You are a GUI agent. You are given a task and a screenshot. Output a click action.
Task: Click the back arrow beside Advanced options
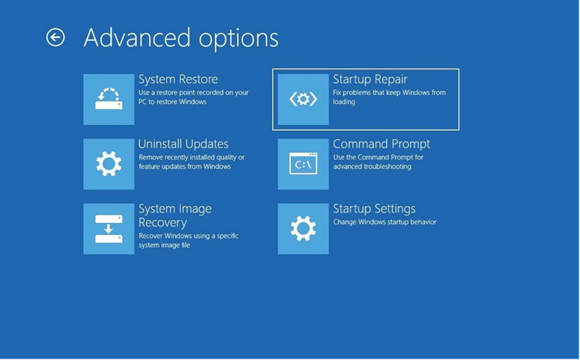(x=55, y=37)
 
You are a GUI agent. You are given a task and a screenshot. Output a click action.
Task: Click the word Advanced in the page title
(x=138, y=37)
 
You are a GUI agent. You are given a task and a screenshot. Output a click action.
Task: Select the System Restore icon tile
(x=109, y=99)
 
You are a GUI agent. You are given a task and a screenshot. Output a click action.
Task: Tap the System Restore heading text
(x=178, y=79)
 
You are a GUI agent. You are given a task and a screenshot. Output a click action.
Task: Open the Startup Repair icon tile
(x=303, y=99)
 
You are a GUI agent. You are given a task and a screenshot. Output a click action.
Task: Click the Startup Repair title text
(x=370, y=79)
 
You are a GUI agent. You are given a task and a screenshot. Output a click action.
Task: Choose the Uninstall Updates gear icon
(x=109, y=164)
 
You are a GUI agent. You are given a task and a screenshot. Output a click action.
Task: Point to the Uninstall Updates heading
(x=183, y=144)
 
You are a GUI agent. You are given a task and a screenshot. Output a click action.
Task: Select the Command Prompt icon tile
(x=303, y=164)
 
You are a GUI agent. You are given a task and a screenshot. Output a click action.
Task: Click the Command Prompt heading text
(x=382, y=144)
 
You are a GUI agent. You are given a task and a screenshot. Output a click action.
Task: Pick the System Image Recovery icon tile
(x=109, y=229)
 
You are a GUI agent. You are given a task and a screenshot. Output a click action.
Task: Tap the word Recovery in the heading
(x=162, y=223)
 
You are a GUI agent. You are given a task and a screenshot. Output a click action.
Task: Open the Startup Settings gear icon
(x=303, y=229)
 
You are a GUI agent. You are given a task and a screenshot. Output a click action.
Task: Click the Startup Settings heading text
(x=374, y=209)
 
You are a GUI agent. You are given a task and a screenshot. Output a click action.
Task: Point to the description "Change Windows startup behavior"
(x=385, y=222)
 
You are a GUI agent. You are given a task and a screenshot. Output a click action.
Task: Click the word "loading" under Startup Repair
(x=344, y=102)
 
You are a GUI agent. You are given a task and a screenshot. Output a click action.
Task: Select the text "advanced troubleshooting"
(x=372, y=166)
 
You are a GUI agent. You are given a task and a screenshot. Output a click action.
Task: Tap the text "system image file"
(x=164, y=245)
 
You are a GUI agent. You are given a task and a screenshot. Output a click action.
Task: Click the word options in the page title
(x=239, y=39)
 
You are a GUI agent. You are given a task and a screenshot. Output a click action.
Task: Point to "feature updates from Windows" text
(x=185, y=166)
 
